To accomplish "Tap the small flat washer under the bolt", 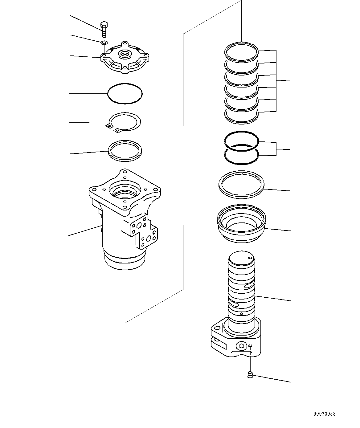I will (104, 43).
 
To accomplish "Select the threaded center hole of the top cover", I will (125, 55).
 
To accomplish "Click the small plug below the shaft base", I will (250, 375).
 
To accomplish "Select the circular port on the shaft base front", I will (242, 346).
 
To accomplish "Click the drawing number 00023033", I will (324, 414).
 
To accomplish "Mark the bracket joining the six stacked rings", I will (276, 80).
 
